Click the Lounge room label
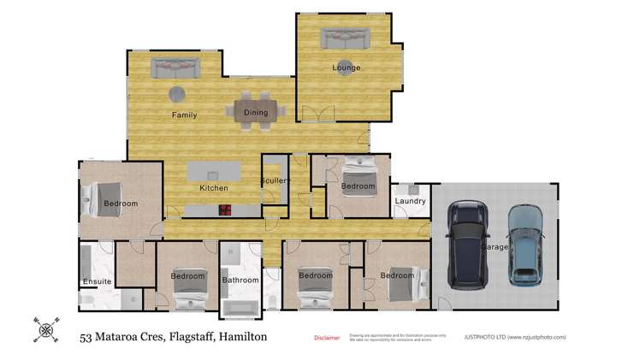pyautogui.click(x=347, y=68)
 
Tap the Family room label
pyautogui.click(x=184, y=115)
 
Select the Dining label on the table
pyautogui.click(x=256, y=113)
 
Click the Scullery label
pyautogui.click(x=276, y=181)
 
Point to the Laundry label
pyautogui.click(x=410, y=202)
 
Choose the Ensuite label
pyautogui.click(x=97, y=281)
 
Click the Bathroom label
pyautogui.click(x=240, y=280)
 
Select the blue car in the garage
pyautogui.click(x=525, y=244)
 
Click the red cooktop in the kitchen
pyautogui.click(x=227, y=210)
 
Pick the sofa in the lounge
pyautogui.click(x=345, y=38)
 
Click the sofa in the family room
pyautogui.click(x=175, y=67)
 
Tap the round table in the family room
pyautogui.click(x=176, y=94)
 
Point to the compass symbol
pyautogui.click(x=45, y=328)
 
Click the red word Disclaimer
pyautogui.click(x=326, y=338)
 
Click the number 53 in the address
pyautogui.click(x=86, y=337)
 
